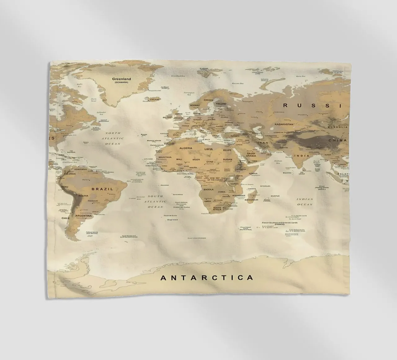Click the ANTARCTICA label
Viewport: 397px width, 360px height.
point(207,277)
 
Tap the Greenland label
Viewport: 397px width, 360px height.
point(122,79)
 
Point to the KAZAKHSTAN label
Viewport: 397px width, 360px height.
point(283,124)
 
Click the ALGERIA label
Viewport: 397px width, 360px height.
point(186,148)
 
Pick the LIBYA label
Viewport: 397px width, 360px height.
point(209,149)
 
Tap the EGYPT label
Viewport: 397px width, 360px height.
point(228,150)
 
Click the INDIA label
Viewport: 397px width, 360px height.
point(301,156)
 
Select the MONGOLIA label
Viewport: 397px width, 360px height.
point(337,127)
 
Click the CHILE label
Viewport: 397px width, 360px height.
point(65,218)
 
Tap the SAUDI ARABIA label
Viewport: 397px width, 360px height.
point(251,154)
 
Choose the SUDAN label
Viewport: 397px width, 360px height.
point(227,160)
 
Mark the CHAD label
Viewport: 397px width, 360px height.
point(210,162)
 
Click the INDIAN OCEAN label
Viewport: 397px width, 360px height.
point(305,202)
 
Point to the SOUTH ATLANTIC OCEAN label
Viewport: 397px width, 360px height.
point(155,201)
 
